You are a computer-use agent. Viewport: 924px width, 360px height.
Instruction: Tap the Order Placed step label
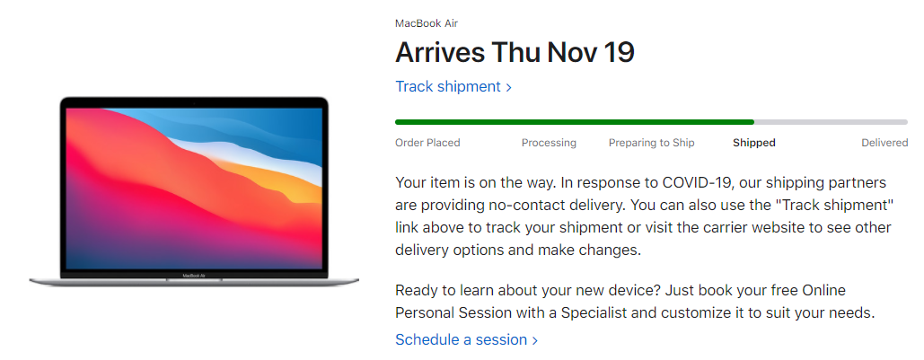[x=427, y=143]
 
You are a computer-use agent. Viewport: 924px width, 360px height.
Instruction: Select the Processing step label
[x=549, y=143]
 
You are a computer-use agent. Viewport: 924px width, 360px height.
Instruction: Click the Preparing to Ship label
[x=651, y=143]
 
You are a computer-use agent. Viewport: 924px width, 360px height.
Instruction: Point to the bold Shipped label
[x=753, y=143]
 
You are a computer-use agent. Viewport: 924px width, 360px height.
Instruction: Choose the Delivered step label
[x=884, y=143]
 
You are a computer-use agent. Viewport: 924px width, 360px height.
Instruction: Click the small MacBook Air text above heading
[x=427, y=23]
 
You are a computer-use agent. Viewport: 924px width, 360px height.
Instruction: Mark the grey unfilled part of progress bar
[x=831, y=122]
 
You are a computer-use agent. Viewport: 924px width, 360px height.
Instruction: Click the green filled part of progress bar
[x=575, y=122]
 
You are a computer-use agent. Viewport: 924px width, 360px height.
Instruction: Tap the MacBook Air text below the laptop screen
[x=193, y=275]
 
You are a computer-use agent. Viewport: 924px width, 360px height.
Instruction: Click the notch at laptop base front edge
[x=194, y=280]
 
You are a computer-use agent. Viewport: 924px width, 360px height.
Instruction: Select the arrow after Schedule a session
[x=534, y=340]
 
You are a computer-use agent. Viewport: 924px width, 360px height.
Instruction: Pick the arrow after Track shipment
[x=508, y=87]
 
